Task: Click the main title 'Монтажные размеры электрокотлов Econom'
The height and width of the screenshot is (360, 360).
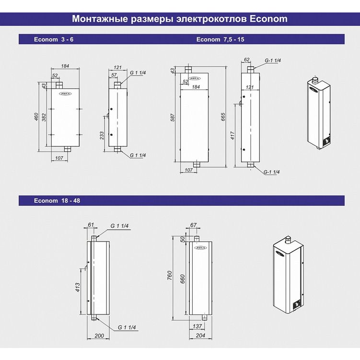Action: click(180, 20)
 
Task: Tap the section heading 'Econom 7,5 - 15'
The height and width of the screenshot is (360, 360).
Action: click(220, 39)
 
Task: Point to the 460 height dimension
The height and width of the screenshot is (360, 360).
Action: click(36, 116)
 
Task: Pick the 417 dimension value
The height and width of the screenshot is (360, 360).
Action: click(232, 136)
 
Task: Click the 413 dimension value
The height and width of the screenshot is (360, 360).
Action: click(78, 287)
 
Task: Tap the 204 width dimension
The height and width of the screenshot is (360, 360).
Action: click(201, 336)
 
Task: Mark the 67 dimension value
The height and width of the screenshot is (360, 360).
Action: click(194, 225)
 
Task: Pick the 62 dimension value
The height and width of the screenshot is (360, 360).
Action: click(247, 60)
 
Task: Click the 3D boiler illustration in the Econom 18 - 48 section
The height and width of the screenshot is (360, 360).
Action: click(288, 274)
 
